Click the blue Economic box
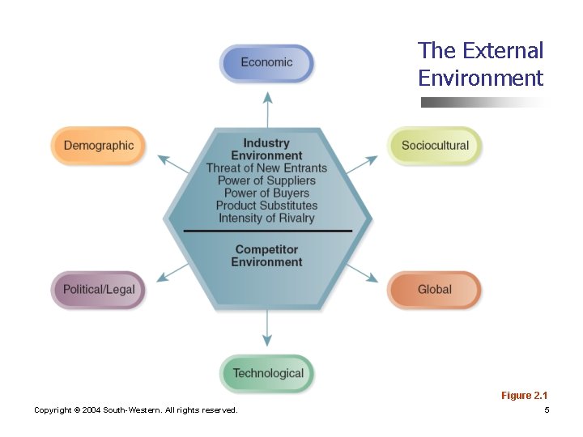[x=266, y=62]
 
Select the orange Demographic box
[x=98, y=146]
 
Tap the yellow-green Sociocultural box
[x=435, y=146]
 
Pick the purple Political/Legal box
[x=99, y=289]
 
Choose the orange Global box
[x=435, y=289]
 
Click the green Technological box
[x=267, y=373]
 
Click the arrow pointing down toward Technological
[x=267, y=330]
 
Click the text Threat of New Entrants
[x=266, y=168]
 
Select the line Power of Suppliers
[x=266, y=180]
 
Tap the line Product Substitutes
[x=266, y=206]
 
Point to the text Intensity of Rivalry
[x=266, y=218]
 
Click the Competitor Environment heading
[x=266, y=256]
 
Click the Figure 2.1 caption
[x=524, y=395]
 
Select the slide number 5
[x=547, y=410]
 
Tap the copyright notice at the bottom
[x=136, y=410]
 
